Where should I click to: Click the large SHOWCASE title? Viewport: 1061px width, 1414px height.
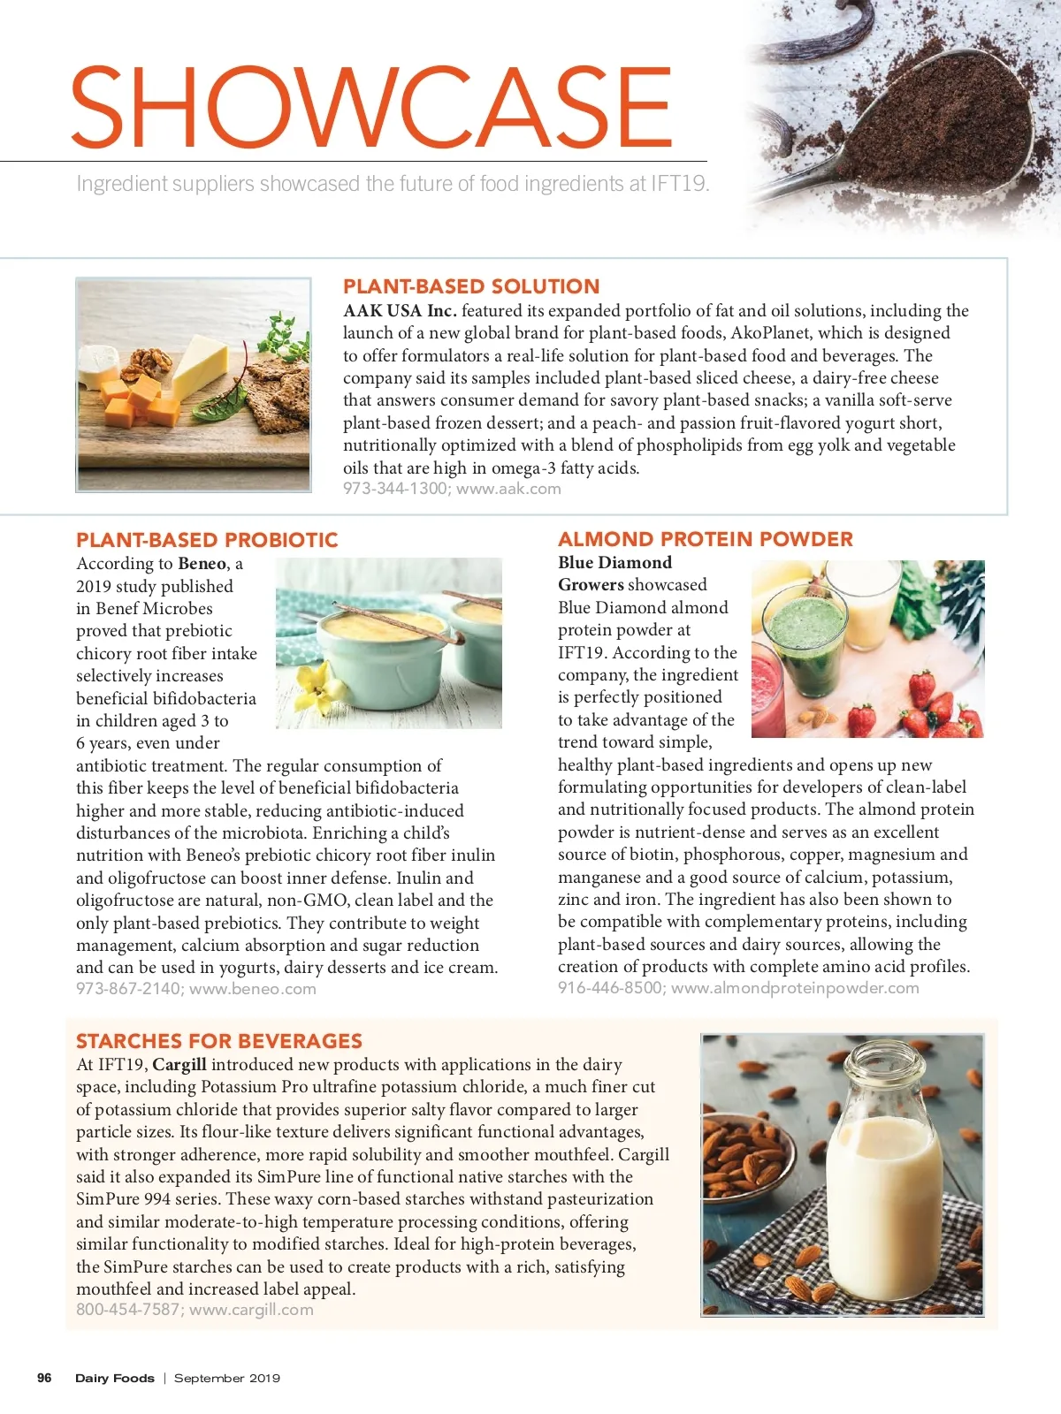tap(371, 107)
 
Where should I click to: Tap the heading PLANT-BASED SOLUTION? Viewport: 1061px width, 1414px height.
tap(471, 286)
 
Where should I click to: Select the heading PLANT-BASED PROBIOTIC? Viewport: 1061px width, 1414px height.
tap(207, 540)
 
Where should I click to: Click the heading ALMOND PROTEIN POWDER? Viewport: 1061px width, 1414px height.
tap(705, 539)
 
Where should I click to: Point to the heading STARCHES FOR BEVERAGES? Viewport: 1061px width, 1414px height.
tap(219, 1041)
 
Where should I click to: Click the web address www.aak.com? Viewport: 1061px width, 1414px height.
tap(508, 489)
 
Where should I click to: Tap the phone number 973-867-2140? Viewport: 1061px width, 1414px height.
tap(129, 989)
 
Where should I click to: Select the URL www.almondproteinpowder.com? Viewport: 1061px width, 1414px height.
tap(795, 988)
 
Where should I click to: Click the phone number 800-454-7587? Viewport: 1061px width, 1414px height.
tap(128, 1310)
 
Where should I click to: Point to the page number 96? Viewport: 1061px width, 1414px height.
tap(44, 1378)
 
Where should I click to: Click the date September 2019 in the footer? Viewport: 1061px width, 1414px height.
tap(227, 1378)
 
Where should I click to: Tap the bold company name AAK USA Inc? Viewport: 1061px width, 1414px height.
tap(400, 311)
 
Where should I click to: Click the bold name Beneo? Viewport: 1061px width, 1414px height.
tap(202, 564)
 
